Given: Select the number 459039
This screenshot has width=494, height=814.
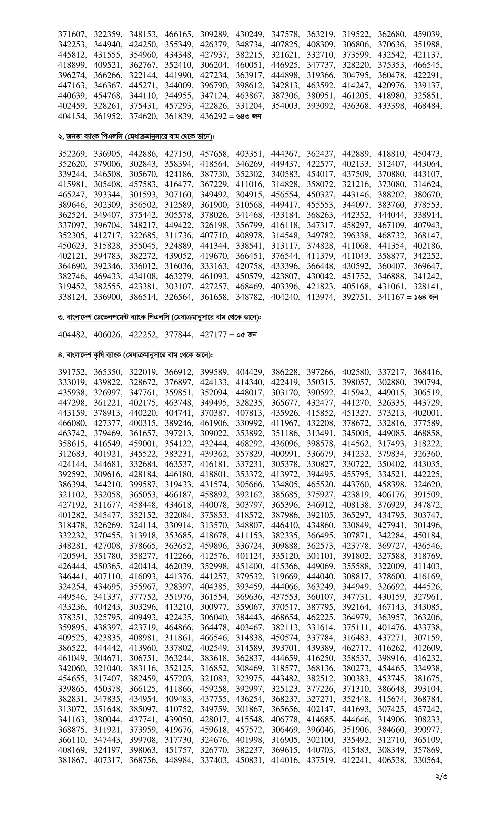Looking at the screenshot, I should [427, 34].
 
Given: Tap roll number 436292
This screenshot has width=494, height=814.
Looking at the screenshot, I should [213, 116].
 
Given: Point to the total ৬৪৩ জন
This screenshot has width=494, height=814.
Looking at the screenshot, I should [249, 116].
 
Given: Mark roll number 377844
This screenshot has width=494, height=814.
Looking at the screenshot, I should [178, 335].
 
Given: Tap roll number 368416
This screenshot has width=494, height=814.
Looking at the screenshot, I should [427, 372].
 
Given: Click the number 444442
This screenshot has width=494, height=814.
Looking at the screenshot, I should [107, 648].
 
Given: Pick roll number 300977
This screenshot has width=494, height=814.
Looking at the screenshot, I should [213, 607].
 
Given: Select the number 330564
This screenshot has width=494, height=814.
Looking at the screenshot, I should [427, 760].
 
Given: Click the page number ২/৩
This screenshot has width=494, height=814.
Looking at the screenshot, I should [441, 776].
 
